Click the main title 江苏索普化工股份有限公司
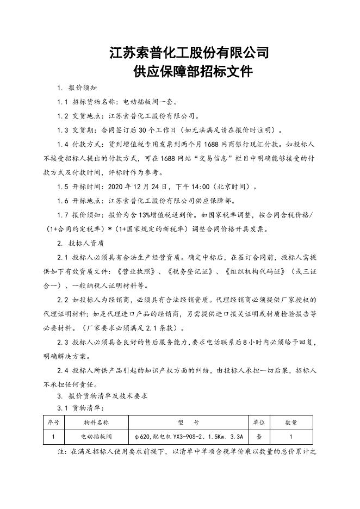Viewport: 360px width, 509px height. (189, 53)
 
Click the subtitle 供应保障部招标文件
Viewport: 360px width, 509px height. (189, 72)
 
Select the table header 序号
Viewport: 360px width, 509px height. (53, 421)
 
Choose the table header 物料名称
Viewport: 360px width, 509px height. (96, 421)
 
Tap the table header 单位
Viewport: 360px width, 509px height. (259, 421)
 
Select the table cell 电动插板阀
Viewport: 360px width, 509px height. (96, 436)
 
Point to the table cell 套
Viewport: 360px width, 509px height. (259, 436)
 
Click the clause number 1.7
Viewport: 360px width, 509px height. (63, 215)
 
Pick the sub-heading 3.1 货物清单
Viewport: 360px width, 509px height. (79, 407)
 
